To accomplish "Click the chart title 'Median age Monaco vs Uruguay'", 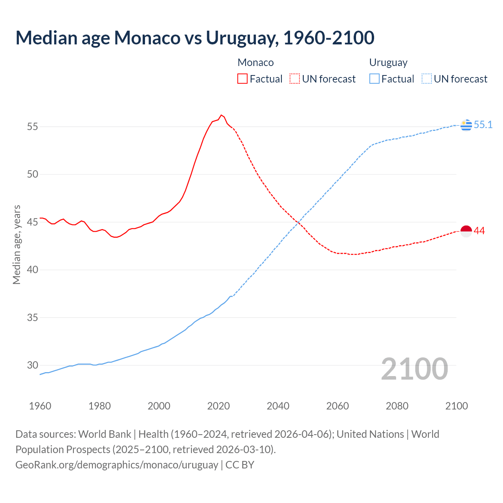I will [195, 38].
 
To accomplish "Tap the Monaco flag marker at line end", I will [466, 231].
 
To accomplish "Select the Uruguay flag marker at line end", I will [466, 125].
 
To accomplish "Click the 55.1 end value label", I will [483, 125].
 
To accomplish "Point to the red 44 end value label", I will [479, 231].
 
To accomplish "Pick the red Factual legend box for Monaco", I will [242, 79].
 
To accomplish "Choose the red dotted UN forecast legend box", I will [295, 79].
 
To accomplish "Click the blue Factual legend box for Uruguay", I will [374, 79].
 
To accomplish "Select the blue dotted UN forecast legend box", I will [427, 79].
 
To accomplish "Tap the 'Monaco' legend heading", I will [256, 62].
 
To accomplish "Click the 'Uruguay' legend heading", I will [388, 62].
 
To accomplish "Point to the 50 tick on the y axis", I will [33, 174].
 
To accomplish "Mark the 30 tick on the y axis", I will [33, 365].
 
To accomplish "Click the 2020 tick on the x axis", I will [218, 406].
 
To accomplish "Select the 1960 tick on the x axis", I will [40, 406].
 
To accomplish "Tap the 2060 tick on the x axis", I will [338, 406].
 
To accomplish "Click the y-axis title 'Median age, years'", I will [17, 244].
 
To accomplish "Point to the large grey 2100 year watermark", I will [415, 369].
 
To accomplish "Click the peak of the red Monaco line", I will [221, 115].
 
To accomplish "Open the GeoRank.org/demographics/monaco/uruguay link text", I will [117, 465].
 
